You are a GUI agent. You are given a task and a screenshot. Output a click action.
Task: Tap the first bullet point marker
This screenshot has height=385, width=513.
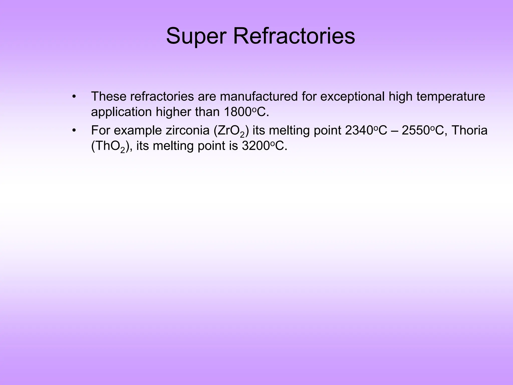[x=74, y=97]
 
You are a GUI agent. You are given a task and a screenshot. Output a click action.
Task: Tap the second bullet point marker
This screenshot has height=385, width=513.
[x=74, y=131]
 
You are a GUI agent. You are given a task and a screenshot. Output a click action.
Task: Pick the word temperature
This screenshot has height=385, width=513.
[x=451, y=97]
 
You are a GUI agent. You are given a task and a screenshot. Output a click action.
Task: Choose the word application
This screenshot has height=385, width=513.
[x=121, y=112]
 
